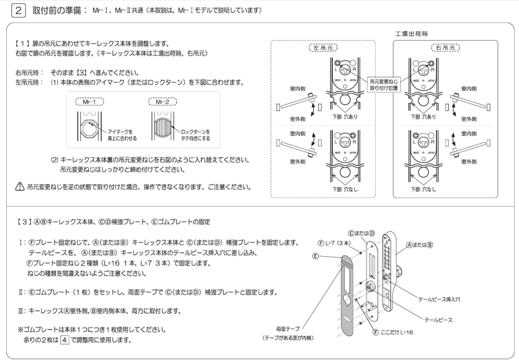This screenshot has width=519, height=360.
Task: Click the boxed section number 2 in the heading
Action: tap(19, 10)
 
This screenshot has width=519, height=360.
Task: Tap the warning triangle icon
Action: tap(20, 187)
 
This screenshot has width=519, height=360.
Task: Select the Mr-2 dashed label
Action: tap(162, 102)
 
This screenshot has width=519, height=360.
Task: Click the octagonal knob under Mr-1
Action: tap(89, 126)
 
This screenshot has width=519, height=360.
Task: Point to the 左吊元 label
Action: tap(323, 47)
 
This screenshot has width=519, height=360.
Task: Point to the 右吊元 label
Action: tap(446, 47)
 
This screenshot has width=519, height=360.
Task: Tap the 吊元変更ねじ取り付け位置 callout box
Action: tap(385, 84)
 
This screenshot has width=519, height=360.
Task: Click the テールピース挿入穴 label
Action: tap(439, 299)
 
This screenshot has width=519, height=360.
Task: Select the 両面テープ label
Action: tap(289, 328)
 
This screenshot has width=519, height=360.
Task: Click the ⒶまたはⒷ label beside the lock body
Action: tap(420, 244)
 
